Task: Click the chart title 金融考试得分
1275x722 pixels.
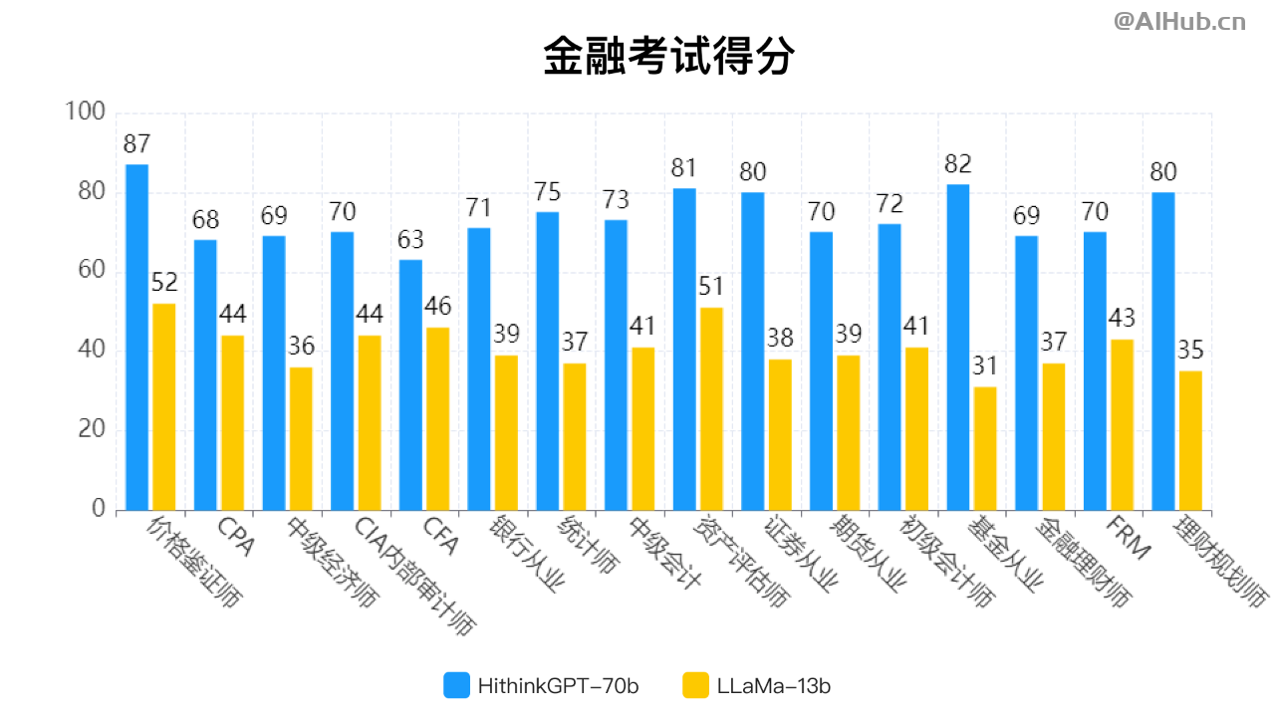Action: (668, 57)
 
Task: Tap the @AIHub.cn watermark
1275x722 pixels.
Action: (1179, 22)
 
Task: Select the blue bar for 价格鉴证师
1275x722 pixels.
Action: (136, 337)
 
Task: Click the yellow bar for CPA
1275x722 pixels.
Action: (232, 422)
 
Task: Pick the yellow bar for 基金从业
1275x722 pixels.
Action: (985, 448)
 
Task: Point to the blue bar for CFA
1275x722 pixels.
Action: (410, 384)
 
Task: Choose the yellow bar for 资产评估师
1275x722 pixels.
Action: (711, 408)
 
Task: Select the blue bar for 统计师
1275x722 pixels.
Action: (547, 361)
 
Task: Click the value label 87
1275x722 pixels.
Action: (136, 144)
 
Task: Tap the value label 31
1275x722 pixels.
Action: (985, 366)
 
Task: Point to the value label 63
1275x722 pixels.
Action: (410, 240)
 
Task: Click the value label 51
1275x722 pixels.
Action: (711, 287)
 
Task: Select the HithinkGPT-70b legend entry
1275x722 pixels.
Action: (541, 685)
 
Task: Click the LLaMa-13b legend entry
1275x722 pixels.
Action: (757, 685)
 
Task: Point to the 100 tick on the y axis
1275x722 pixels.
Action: (84, 113)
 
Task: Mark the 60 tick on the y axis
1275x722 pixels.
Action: (90, 272)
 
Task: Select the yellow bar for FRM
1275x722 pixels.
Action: (1122, 424)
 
